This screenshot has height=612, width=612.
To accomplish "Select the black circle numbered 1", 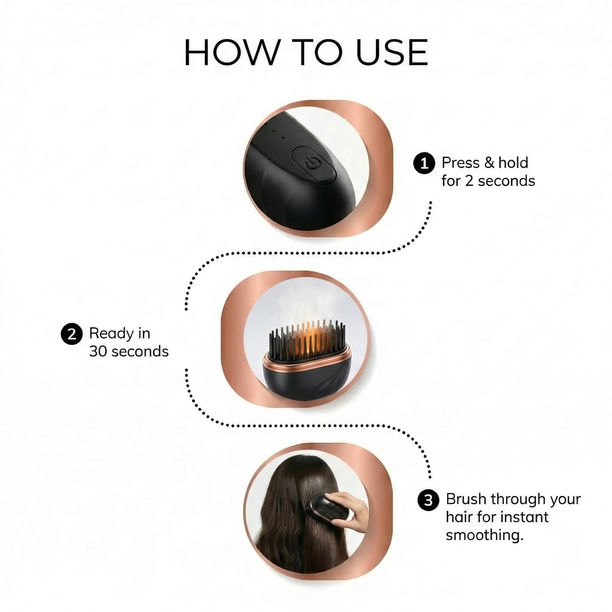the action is pos(424,163).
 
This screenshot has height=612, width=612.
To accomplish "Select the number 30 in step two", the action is pos(99,352).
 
